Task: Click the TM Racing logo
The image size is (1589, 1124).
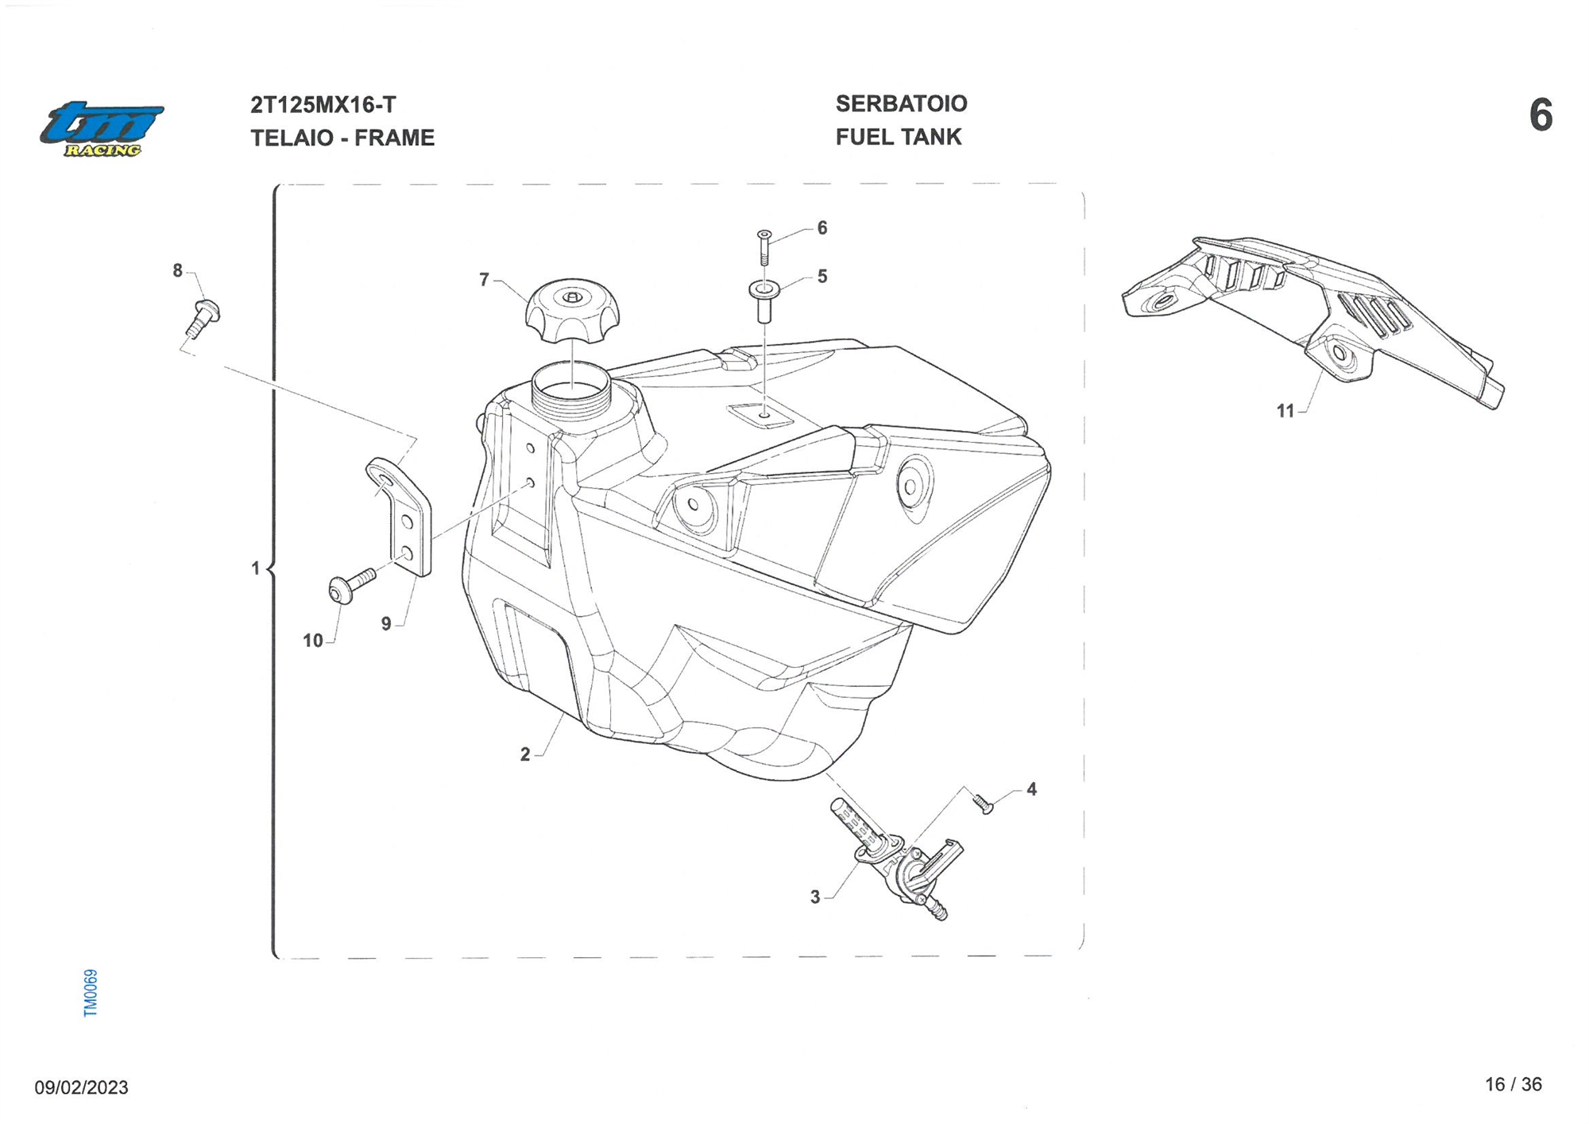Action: [102, 128]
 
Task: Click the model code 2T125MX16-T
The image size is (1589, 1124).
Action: [323, 105]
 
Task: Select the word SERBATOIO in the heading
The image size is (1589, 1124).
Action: [901, 103]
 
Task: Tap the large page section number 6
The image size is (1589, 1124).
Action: [1541, 116]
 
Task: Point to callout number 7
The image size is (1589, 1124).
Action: [484, 280]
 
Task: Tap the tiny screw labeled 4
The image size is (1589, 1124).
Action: [984, 804]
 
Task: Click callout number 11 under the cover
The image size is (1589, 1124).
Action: [1285, 411]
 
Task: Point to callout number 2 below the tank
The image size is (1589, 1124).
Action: [524, 754]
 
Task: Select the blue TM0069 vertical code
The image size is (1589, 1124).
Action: [91, 992]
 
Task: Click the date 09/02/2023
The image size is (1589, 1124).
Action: [81, 1087]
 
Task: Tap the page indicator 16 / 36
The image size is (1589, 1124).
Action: [1513, 1085]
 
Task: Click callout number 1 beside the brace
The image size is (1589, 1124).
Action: [255, 568]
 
